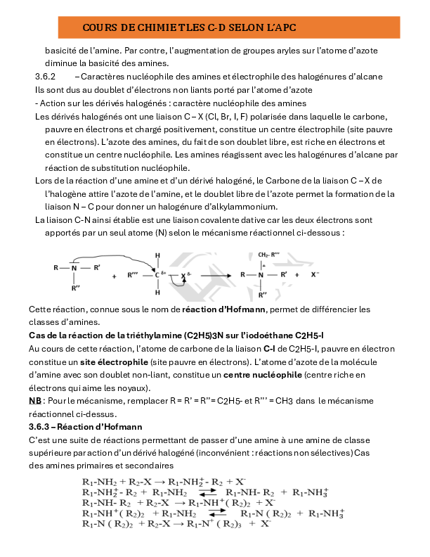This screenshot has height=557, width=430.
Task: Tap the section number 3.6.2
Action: [45, 76]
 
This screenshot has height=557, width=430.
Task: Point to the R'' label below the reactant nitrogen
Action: [74, 289]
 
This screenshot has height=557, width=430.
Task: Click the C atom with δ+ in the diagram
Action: [158, 275]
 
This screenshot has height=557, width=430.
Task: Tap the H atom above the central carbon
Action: [158, 255]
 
